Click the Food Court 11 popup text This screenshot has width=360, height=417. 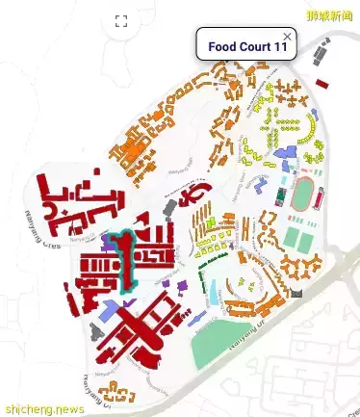[x=247, y=47]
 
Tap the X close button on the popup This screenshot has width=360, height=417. [x=287, y=36]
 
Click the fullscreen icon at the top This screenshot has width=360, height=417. [x=121, y=21]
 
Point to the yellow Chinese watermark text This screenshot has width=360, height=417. [x=327, y=16]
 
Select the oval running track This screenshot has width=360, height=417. [x=305, y=192]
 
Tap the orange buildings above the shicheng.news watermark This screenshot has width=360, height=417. [x=120, y=390]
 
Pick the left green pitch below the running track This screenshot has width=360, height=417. [x=294, y=237]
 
